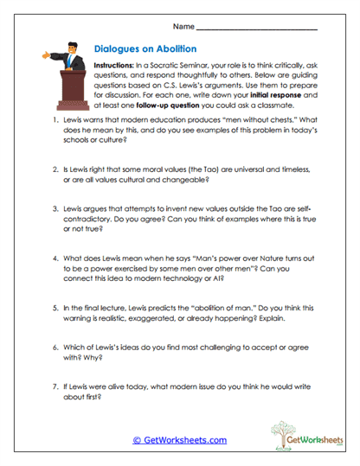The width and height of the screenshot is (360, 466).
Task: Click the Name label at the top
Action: (183, 24)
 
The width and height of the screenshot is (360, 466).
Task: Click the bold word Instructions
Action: (118, 66)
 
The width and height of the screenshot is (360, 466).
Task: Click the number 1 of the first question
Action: (55, 121)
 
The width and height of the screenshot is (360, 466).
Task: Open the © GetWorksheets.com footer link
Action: (179, 440)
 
